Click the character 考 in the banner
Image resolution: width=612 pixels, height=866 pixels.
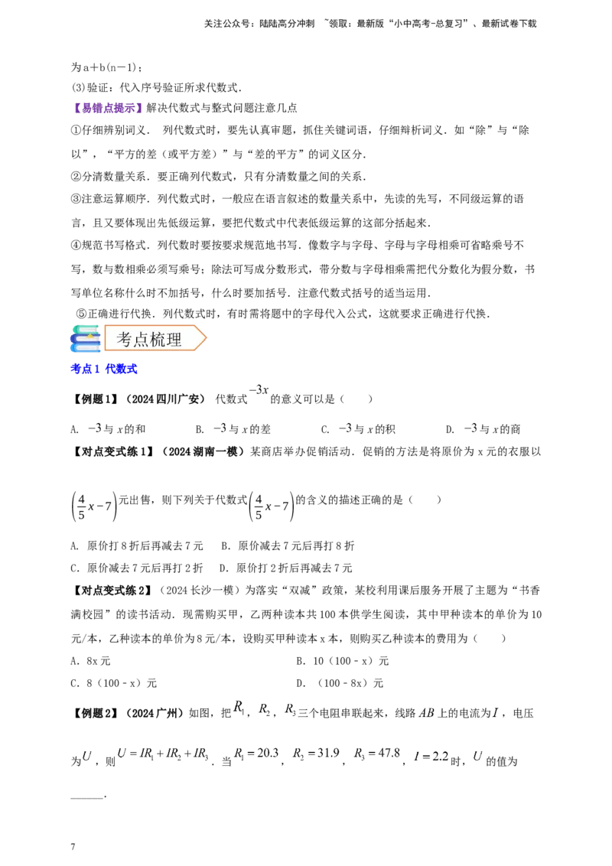click(125, 340)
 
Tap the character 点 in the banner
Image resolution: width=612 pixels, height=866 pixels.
click(143, 340)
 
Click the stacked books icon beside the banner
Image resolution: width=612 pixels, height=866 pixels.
click(84, 339)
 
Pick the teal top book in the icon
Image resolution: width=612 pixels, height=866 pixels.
click(84, 329)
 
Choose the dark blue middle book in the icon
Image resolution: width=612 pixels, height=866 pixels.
click(84, 339)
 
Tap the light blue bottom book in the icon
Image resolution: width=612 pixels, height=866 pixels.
click(84, 348)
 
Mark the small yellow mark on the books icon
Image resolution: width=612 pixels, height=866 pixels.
click(91, 334)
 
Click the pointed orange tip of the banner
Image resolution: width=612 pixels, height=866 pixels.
click(204, 338)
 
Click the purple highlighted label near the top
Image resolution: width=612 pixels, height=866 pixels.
click(109, 108)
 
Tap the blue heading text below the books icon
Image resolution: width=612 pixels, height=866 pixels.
click(103, 370)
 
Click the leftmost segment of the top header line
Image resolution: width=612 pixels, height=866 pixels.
click(259, 24)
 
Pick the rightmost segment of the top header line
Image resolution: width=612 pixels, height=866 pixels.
click(505, 24)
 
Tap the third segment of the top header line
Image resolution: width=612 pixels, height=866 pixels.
click(428, 24)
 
